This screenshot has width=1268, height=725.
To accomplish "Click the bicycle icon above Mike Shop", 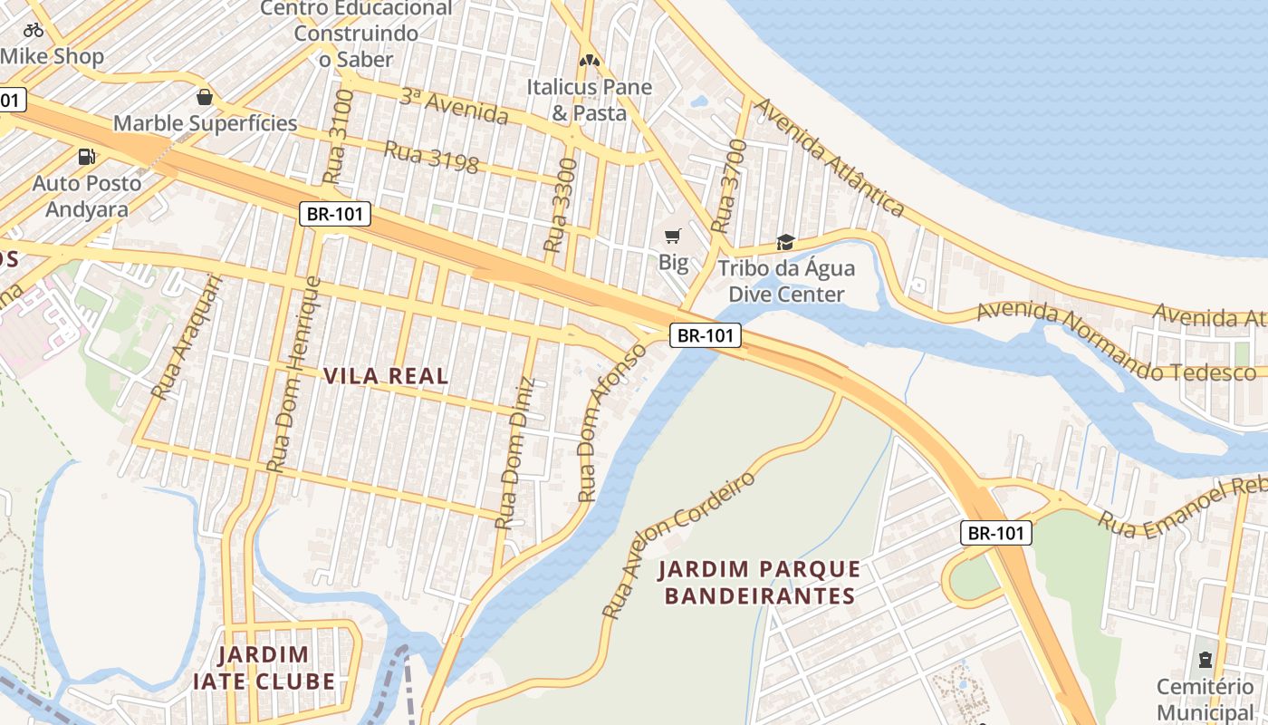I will coord(34,30).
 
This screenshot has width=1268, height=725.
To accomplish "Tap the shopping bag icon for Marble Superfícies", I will coord(205,96).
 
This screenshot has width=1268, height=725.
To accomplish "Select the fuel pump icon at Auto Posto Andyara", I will coord(87,156).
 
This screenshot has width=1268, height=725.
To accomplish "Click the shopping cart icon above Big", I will coord(672,237).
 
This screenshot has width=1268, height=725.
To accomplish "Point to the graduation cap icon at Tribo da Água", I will coord(785,242).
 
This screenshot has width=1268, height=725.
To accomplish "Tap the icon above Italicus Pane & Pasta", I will coord(590,61).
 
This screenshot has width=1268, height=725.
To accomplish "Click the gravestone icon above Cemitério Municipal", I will coord(1205,659).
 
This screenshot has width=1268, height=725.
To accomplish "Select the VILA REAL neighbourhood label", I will coord(387,376).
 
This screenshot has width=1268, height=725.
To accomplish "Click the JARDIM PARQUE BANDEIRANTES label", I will coord(759,582).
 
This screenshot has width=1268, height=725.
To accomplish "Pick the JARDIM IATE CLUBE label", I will coord(264,668).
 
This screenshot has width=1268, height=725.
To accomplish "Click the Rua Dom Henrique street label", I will coord(294,373).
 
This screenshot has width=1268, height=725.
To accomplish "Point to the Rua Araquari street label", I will coord(187,337).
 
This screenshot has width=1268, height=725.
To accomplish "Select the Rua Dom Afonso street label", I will coord(614,422).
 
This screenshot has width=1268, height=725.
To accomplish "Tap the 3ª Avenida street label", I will coord(454,107).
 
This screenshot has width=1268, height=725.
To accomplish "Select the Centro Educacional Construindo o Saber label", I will coord(356,34).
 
